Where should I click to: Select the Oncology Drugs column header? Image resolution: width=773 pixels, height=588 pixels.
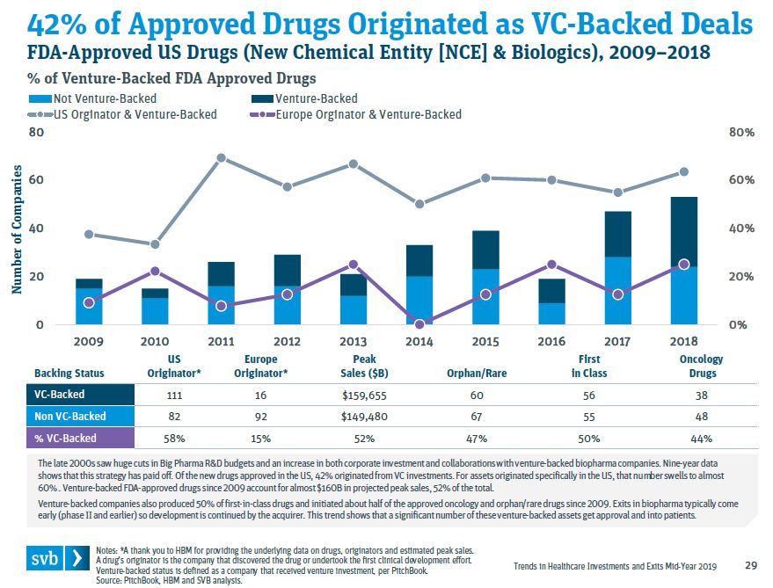tap(701, 366)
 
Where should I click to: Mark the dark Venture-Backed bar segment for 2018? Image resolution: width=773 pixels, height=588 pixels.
tap(683, 232)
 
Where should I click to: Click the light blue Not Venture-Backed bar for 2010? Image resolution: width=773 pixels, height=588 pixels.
tap(156, 311)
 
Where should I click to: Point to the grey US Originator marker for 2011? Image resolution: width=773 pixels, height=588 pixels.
tap(222, 158)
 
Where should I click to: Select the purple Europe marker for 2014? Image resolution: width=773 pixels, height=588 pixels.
tap(419, 324)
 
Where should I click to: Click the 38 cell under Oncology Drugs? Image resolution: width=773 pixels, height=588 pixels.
tap(701, 395)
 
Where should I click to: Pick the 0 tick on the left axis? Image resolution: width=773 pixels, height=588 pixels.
tap(39, 325)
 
